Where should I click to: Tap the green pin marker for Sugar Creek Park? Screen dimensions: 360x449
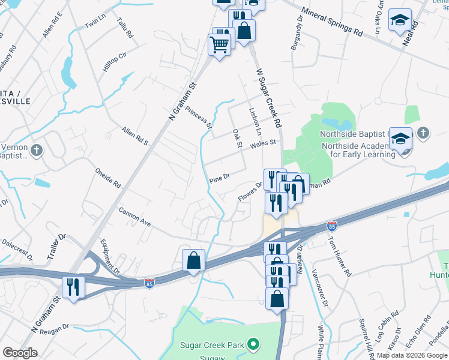pyautogui.click(x=254, y=345)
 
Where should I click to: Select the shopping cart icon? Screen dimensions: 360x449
pyautogui.click(x=219, y=43)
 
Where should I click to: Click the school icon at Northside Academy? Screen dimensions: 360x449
pyautogui.click(x=400, y=139)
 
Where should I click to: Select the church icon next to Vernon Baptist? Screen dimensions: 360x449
pyautogui.click(x=37, y=151)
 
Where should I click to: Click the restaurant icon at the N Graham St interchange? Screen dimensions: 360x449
pyautogui.click(x=73, y=286)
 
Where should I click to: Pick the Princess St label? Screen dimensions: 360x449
pyautogui.click(x=199, y=118)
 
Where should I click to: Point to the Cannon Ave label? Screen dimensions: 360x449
pyautogui.click(x=134, y=217)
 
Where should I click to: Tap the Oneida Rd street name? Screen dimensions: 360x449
pyautogui.click(x=108, y=178)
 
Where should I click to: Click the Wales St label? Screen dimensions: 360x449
pyautogui.click(x=263, y=143)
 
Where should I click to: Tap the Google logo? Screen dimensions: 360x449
pyautogui.click(x=20, y=353)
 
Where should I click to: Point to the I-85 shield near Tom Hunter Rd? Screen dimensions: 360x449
pyautogui.click(x=331, y=226)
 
